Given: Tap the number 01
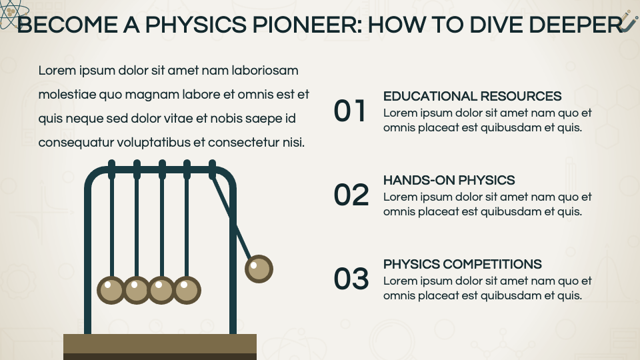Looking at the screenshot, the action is click(349, 111).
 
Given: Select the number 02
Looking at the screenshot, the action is click(351, 195).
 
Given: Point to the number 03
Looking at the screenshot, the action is click(351, 279).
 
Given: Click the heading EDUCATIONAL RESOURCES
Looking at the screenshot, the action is click(472, 96).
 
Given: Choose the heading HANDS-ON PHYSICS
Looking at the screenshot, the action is click(449, 181).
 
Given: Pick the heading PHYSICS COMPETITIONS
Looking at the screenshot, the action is click(463, 265).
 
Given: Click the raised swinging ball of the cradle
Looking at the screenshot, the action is click(259, 269).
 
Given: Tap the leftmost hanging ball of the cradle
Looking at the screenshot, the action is click(111, 290).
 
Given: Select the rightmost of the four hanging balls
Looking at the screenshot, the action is click(187, 290).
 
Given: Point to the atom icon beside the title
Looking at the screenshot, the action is click(12, 13).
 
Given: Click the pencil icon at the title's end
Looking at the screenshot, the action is click(629, 21).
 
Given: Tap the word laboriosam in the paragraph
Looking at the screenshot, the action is click(265, 71).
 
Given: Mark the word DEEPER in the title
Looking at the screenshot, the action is click(576, 25).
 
